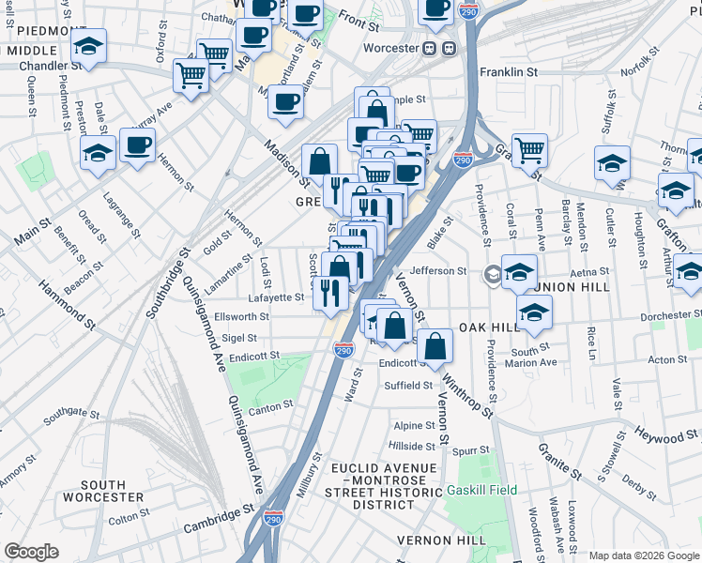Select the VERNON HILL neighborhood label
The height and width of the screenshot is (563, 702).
point(441,540)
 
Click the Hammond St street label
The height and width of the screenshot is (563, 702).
point(67,307)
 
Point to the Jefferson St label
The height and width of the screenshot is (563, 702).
point(442,270)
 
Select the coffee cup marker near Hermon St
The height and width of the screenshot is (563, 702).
point(138,145)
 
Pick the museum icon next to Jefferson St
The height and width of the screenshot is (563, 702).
point(493,275)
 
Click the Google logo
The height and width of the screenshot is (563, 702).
point(31,551)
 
